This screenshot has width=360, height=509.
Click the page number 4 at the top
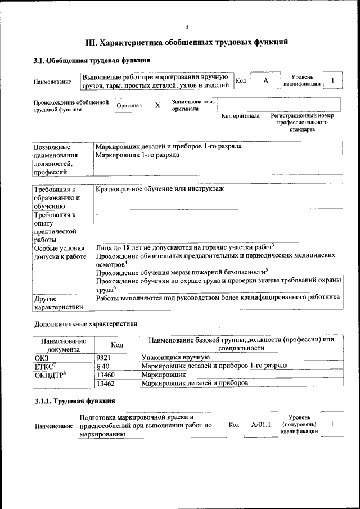pyautogui.click(x=187, y=26)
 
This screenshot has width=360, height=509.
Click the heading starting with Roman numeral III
pyautogui.click(x=187, y=42)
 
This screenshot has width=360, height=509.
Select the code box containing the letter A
pyautogui.click(x=265, y=81)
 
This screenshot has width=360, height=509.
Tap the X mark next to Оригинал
pyautogui.click(x=157, y=105)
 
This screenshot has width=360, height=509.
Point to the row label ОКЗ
pyautogui.click(x=42, y=357)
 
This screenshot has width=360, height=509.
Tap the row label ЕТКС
pyautogui.click(x=46, y=366)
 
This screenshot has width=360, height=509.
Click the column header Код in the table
pyautogui.click(x=117, y=344)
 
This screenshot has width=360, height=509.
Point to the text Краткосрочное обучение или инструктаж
pyautogui.click(x=160, y=189)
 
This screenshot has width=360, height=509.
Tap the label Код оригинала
pyautogui.click(x=240, y=116)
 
